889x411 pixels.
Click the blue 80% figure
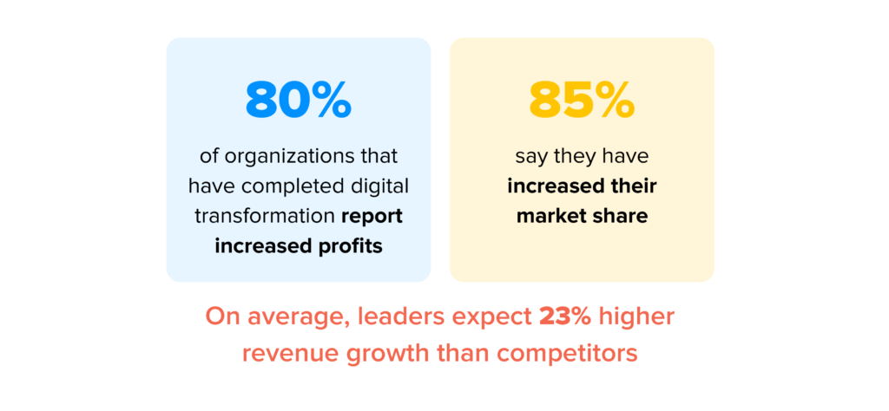point(298,101)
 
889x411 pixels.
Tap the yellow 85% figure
point(582,101)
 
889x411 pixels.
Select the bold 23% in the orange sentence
point(565,316)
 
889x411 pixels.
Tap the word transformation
point(262,216)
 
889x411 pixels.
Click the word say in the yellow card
point(531,158)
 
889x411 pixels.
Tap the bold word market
point(550,216)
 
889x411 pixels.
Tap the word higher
point(636,317)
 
